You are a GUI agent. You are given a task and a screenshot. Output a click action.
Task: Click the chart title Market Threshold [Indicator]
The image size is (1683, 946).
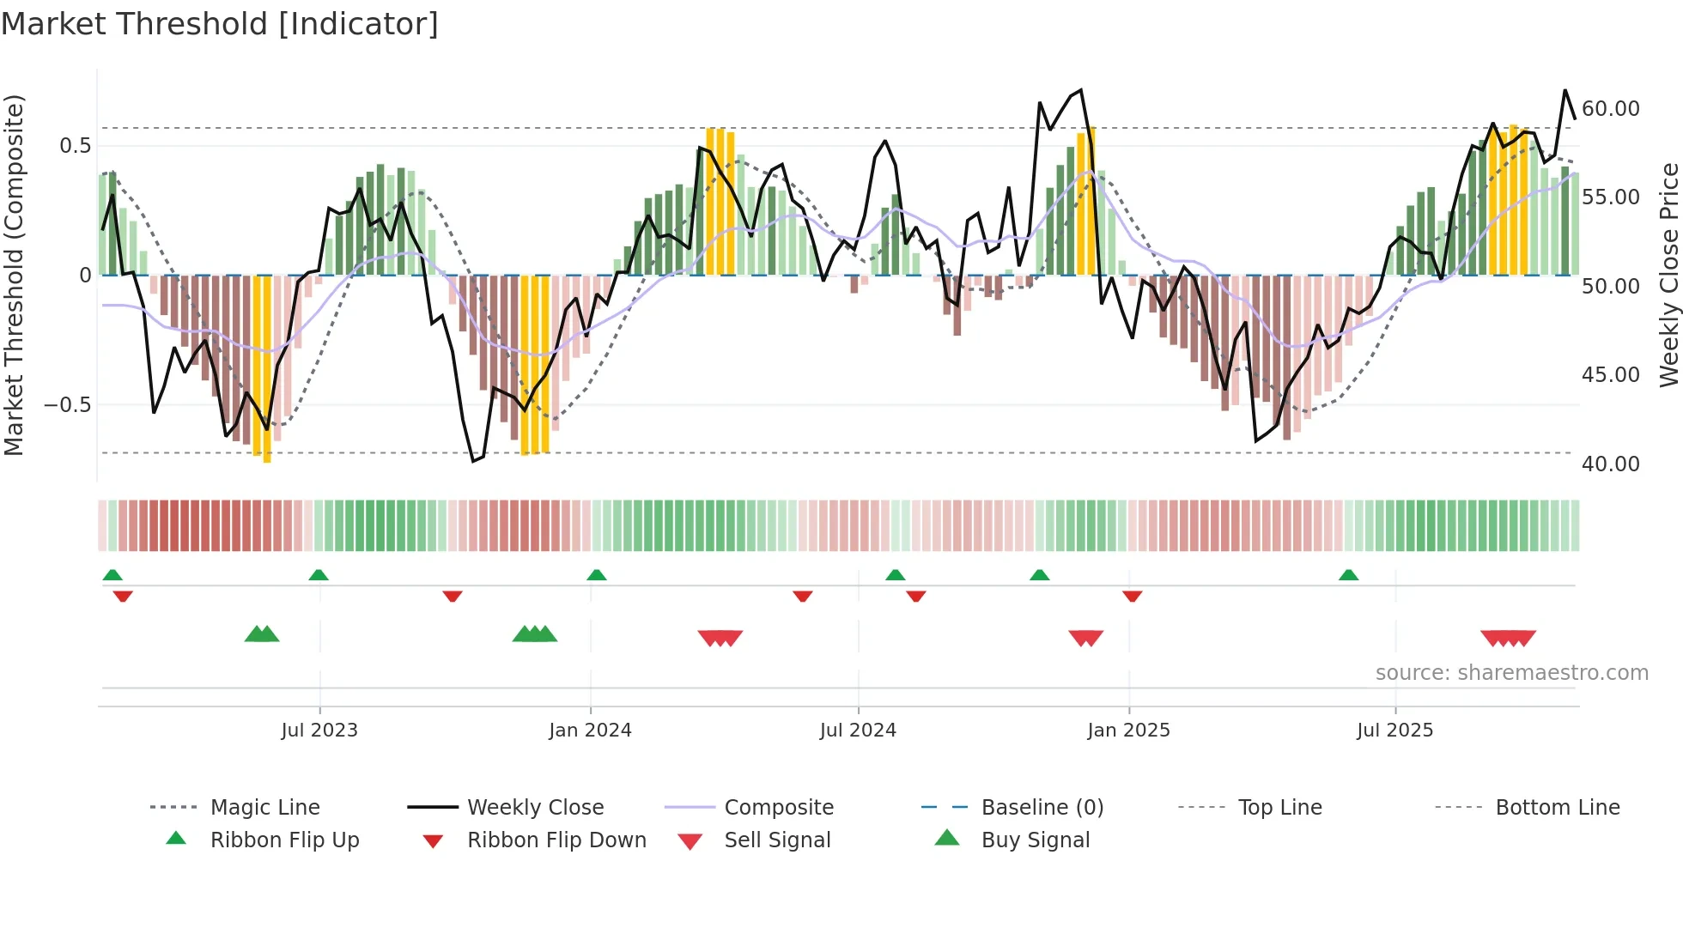(x=220, y=24)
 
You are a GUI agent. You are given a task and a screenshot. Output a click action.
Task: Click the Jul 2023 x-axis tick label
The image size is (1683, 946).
(x=319, y=731)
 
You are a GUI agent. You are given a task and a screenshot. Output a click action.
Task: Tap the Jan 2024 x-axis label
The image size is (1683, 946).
(x=590, y=731)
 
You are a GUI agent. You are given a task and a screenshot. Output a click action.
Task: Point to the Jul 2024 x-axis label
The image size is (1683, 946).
(x=858, y=731)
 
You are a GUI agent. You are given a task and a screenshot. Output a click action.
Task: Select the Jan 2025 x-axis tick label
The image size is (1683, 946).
(x=1128, y=731)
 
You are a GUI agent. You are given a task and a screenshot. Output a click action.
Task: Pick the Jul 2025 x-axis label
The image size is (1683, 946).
(x=1395, y=731)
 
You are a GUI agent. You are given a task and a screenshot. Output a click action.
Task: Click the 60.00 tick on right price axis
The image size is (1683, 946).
(x=1610, y=109)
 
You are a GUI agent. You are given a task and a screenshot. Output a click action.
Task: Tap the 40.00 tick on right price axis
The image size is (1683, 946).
(x=1610, y=464)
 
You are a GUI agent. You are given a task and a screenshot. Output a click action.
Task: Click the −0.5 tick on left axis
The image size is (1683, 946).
(x=67, y=404)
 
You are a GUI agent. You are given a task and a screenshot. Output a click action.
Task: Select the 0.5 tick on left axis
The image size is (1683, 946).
(x=75, y=146)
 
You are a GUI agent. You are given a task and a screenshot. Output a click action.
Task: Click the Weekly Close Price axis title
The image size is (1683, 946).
(x=1668, y=275)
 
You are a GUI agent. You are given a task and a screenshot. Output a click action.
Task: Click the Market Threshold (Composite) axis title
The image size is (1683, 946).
(x=14, y=275)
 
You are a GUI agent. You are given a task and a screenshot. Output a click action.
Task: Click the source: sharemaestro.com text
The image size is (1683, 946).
(x=1511, y=673)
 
